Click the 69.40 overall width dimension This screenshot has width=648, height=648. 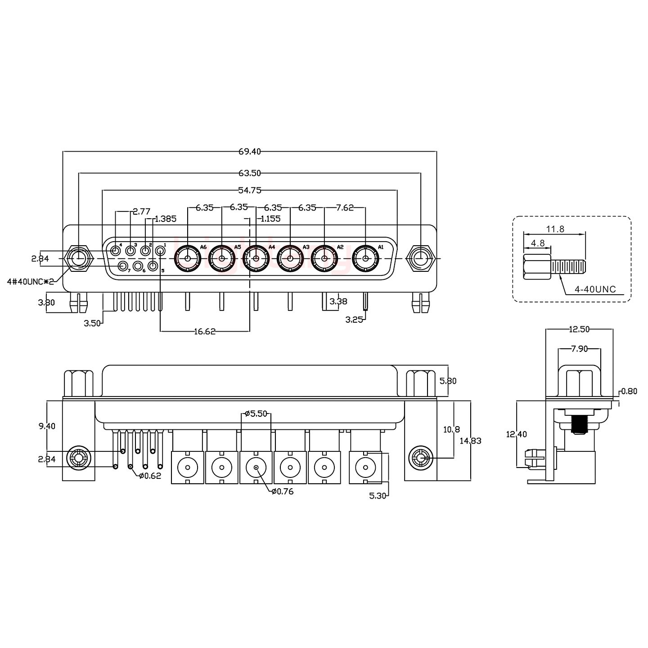pyautogui.click(x=250, y=152)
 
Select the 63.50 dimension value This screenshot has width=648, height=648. pyautogui.click(x=250, y=173)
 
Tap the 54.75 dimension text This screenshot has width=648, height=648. pyautogui.click(x=250, y=190)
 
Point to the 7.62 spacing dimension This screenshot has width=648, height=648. pyautogui.click(x=345, y=208)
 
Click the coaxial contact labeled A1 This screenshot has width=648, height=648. pyautogui.click(x=365, y=259)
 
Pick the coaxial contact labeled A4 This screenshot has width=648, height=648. pyautogui.click(x=256, y=259)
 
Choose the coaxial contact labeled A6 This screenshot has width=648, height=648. pyautogui.click(x=187, y=259)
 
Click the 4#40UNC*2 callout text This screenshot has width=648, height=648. pyautogui.click(x=31, y=282)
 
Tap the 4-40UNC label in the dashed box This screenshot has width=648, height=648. pyautogui.click(x=595, y=289)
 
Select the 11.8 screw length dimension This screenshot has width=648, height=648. pyautogui.click(x=555, y=229)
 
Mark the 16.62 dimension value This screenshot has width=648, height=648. pyautogui.click(x=205, y=332)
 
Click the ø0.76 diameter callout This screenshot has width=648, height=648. pyautogui.click(x=282, y=491)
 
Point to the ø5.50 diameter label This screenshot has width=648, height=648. pyautogui.click(x=256, y=413)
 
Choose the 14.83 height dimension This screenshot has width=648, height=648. pyautogui.click(x=470, y=441)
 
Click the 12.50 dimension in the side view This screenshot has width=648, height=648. pyautogui.click(x=579, y=329)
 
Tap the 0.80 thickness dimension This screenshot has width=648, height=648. pyautogui.click(x=629, y=391)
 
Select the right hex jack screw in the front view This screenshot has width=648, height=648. pyautogui.click(x=420, y=259)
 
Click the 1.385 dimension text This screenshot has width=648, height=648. pyautogui.click(x=165, y=219)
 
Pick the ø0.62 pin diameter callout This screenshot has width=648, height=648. pyautogui.click(x=150, y=476)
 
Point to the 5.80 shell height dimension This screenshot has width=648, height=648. pyautogui.click(x=448, y=381)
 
